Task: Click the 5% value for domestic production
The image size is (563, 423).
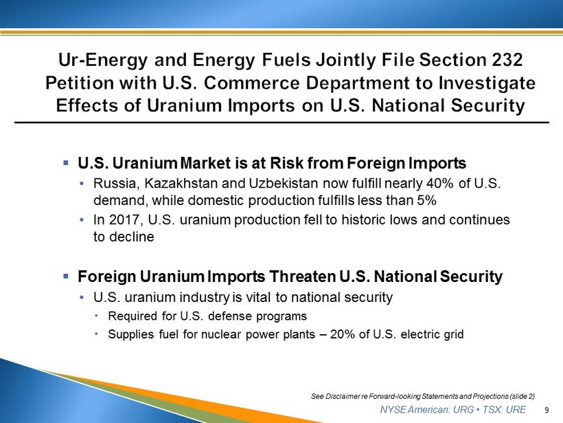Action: click(x=426, y=200)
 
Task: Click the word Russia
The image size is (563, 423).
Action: click(x=115, y=184)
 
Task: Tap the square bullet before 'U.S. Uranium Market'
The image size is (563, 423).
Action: click(x=66, y=163)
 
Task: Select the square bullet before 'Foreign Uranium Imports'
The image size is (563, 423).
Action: click(x=66, y=276)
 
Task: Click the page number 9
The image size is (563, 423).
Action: click(x=547, y=410)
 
